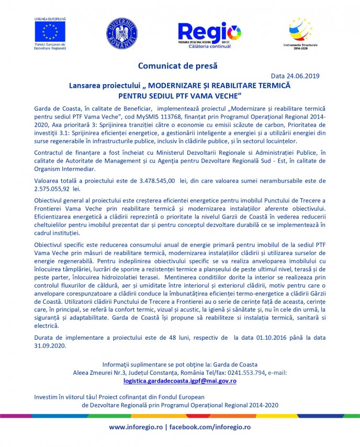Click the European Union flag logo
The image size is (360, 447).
click(50, 32)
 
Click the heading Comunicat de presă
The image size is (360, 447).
click(177, 66)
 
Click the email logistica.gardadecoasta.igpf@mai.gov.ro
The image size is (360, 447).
click(179, 381)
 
